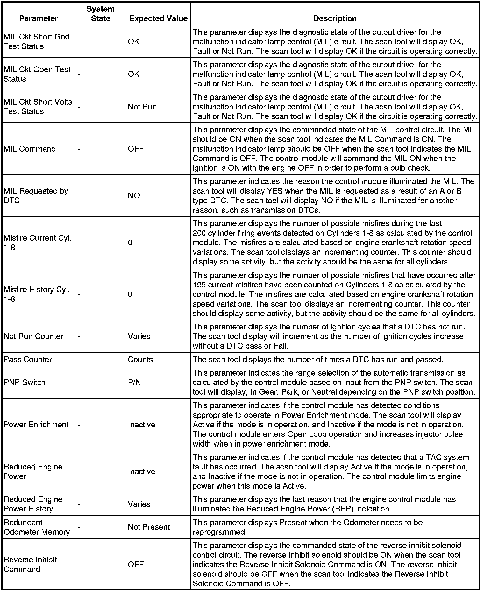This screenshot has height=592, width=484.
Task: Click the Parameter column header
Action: pos(39,18)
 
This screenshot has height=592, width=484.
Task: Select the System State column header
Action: pos(101,14)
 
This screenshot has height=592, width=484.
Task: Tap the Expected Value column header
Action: pos(158,18)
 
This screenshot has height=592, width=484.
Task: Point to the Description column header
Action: pos(335,18)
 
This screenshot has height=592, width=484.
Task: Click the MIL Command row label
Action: pos(30,149)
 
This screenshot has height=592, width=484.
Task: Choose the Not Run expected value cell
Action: pos(142,107)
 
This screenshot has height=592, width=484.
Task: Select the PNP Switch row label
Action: pos(25,382)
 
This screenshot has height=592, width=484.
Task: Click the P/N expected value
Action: pos(134,382)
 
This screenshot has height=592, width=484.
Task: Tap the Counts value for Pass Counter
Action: pos(140,359)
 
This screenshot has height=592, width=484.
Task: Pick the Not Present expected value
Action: pos(149,527)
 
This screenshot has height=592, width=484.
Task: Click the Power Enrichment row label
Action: pos(36,425)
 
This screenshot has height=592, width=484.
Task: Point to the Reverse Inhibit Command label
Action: pos(30,564)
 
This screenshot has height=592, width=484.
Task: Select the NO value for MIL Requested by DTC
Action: pos(134,195)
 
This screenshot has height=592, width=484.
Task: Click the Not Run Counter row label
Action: pos(33,336)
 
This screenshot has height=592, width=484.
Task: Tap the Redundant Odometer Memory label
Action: pos(37,527)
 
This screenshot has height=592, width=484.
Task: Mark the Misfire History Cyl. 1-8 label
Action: pos(37,294)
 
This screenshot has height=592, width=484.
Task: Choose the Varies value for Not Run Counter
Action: pos(139,336)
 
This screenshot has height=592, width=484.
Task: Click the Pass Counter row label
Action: pos(28,359)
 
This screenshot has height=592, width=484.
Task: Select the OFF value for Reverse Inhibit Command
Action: pos(136,564)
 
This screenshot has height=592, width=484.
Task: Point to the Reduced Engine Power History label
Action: pos(33,504)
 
